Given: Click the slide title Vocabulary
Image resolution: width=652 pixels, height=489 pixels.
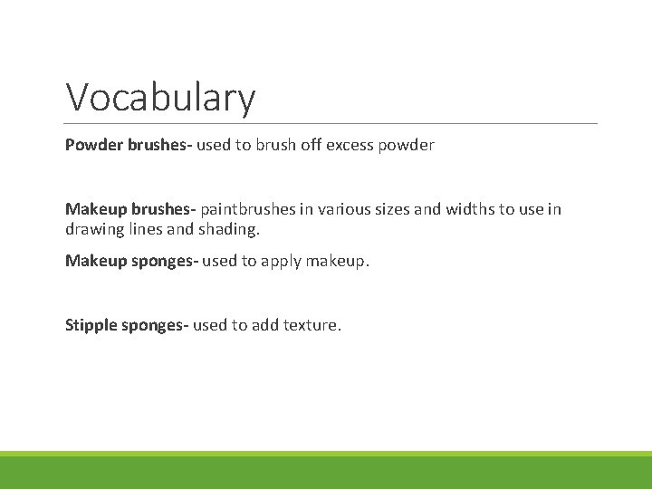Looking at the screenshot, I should click(160, 98).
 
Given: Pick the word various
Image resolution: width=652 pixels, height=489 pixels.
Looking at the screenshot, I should click(345, 210).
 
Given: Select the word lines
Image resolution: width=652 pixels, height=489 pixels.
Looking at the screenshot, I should click(145, 230).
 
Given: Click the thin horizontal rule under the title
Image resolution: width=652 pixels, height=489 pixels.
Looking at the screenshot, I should click(331, 123).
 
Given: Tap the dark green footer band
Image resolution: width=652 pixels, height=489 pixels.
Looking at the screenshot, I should click(326, 473).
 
